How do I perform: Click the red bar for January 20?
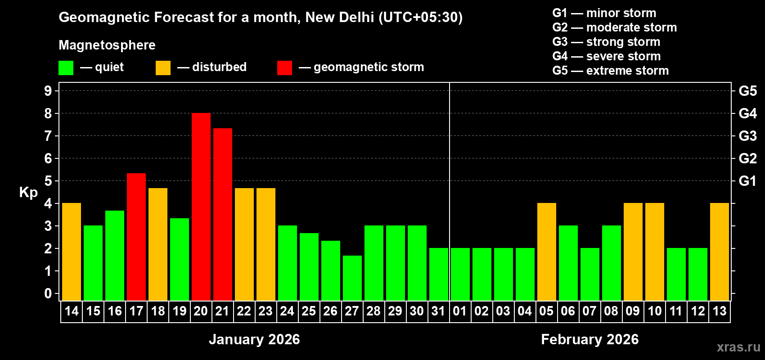click(x=201, y=207)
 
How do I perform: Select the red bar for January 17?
click(x=136, y=237)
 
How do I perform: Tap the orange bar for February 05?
click(x=547, y=252)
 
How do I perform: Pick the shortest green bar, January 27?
click(x=352, y=278)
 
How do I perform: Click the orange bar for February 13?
click(x=720, y=252)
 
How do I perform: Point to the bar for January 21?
click(x=223, y=214)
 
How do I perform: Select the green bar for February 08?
click(x=612, y=263)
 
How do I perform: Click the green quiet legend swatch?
click(x=66, y=68)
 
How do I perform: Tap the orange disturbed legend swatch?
click(x=163, y=68)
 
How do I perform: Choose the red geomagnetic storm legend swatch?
click(x=284, y=68)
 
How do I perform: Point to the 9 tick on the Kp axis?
click(x=48, y=91)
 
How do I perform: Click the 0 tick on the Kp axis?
click(x=48, y=293)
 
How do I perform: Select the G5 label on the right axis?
click(x=747, y=91)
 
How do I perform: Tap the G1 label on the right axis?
click(x=747, y=181)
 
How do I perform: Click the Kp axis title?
click(x=28, y=192)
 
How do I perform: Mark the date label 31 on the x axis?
click(x=438, y=311)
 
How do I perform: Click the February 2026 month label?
click(x=589, y=339)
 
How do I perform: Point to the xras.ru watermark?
click(x=738, y=347)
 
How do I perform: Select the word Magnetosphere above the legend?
click(x=107, y=45)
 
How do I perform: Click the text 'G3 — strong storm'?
click(x=606, y=42)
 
